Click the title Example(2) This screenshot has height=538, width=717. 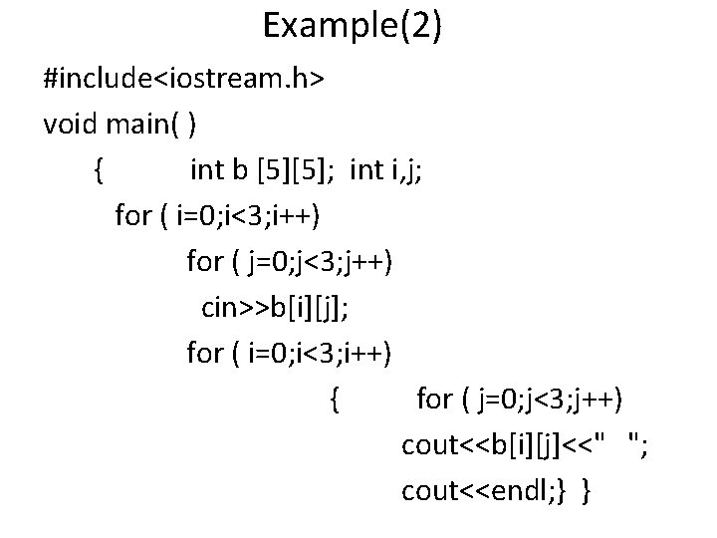[353, 26]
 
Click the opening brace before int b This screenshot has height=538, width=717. [98, 170]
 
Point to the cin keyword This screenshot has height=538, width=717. [218, 308]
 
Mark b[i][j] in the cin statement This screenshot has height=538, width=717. [299, 308]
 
